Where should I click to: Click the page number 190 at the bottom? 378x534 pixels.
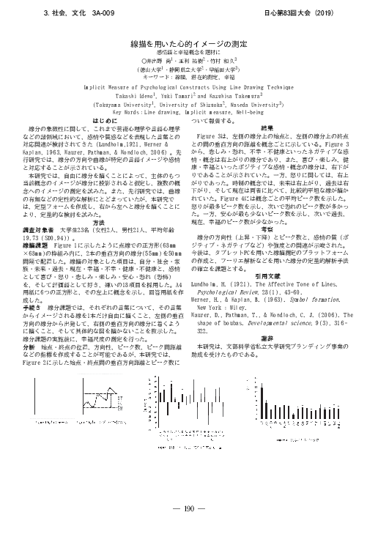point(189,507)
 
